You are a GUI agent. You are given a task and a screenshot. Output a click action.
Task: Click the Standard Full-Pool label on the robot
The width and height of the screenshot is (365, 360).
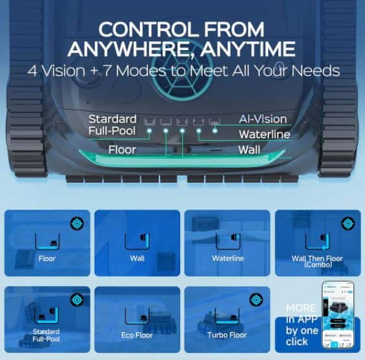coord(112,125)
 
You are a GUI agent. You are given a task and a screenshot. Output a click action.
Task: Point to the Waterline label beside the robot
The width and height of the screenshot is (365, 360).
coord(263,134)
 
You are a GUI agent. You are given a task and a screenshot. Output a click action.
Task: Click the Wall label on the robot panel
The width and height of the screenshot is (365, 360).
coord(249,150)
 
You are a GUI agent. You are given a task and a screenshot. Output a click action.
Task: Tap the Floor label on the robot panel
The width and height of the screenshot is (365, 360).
coord(122,150)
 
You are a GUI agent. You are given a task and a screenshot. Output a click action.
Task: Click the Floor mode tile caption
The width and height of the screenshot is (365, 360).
coord(47,259)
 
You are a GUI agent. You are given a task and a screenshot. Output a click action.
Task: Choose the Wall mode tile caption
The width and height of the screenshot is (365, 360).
coord(137,259)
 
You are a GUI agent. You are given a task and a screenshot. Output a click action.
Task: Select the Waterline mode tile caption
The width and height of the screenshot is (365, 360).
coord(228,259)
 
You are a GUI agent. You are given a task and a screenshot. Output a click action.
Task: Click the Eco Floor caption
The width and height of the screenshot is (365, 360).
coord(137,335)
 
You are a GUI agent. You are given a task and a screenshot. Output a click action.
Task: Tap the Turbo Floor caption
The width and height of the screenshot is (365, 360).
coord(228,335)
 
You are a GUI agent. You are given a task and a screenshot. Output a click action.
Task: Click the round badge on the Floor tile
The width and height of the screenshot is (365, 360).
coord(77,224)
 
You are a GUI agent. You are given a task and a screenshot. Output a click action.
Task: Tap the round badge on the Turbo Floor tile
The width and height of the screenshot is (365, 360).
coord(257,300)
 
